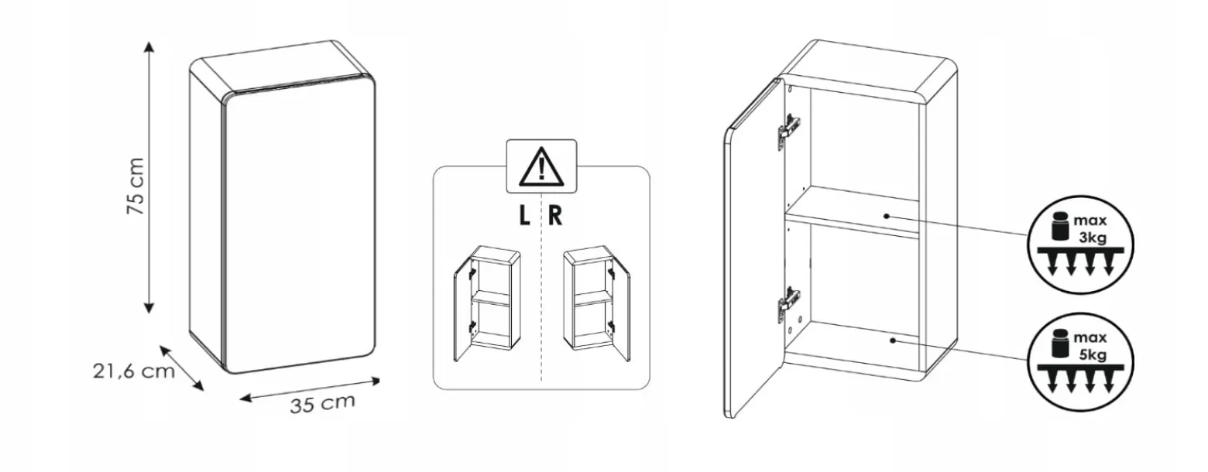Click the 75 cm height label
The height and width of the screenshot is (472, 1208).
point(136,186)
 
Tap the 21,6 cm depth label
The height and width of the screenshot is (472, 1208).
point(134,371)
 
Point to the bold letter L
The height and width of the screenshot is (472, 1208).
point(524,216)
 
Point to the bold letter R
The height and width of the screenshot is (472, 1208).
point(555,216)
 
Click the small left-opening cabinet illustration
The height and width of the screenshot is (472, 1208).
point(487,303)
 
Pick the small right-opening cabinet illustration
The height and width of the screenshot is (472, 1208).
point(596,303)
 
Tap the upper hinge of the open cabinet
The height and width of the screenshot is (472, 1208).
point(788,128)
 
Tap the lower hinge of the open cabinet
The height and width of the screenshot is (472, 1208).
point(788,304)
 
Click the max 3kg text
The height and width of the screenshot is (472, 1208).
point(1090,228)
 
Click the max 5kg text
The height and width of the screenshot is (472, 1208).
point(1090,346)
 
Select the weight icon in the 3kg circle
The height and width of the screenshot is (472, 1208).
point(1059,226)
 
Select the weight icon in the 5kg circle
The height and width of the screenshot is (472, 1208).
point(1059,344)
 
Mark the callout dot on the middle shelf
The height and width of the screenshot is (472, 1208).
point(887,216)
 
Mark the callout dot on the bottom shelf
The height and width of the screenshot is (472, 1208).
point(893,340)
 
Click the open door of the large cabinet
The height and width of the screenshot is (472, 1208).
point(754,248)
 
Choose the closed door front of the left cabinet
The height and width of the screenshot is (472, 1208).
point(298,224)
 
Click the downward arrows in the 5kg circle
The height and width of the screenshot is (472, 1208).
point(1081,381)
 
